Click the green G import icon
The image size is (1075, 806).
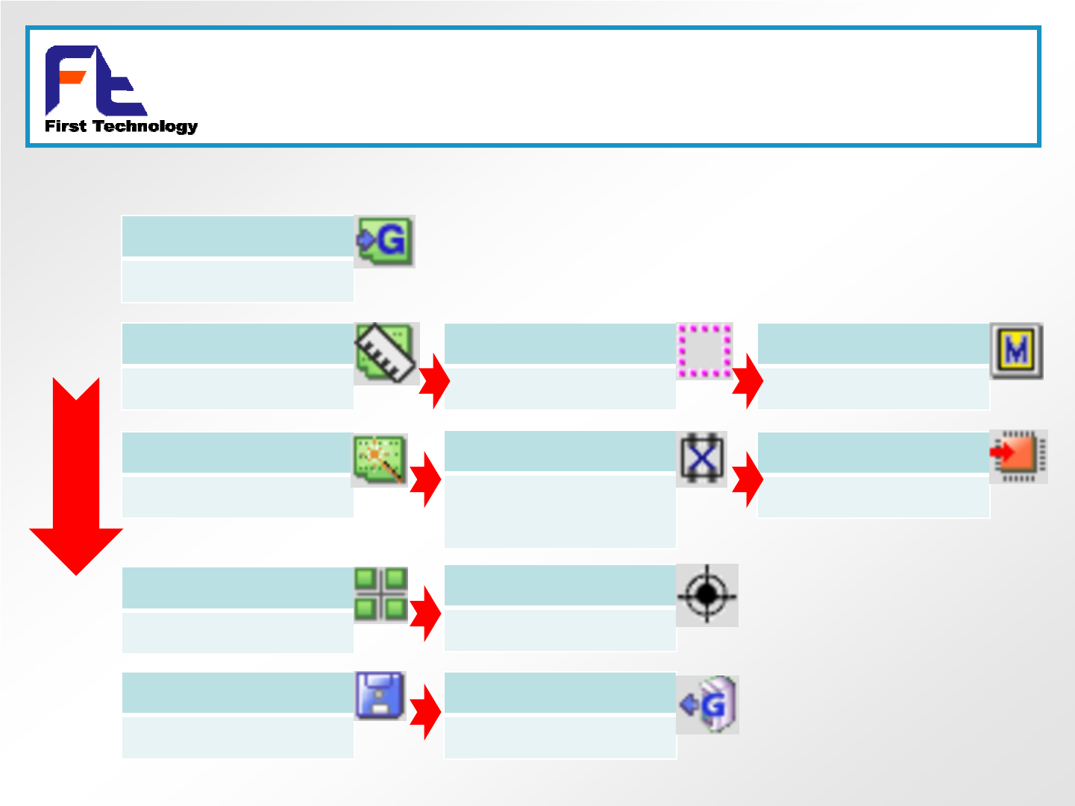(x=384, y=242)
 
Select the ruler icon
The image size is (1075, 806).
(x=386, y=353)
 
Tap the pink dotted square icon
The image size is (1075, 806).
(x=704, y=351)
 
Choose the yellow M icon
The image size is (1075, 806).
(x=1016, y=350)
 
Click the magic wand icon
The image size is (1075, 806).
(x=380, y=460)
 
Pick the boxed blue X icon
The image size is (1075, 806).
(x=702, y=459)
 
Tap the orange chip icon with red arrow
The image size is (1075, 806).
(x=1019, y=456)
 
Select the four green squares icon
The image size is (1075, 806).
(x=380, y=594)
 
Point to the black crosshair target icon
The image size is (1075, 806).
(x=706, y=595)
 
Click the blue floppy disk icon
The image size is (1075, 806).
(x=380, y=696)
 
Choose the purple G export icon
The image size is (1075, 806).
(x=709, y=705)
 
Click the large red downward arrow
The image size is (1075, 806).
(x=76, y=477)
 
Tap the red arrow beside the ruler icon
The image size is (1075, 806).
(x=434, y=381)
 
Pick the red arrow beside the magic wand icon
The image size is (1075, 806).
(x=425, y=479)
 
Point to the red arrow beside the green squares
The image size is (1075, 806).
(x=425, y=614)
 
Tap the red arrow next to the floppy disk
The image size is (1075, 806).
(x=425, y=712)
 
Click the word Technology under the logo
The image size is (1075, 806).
(x=145, y=127)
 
